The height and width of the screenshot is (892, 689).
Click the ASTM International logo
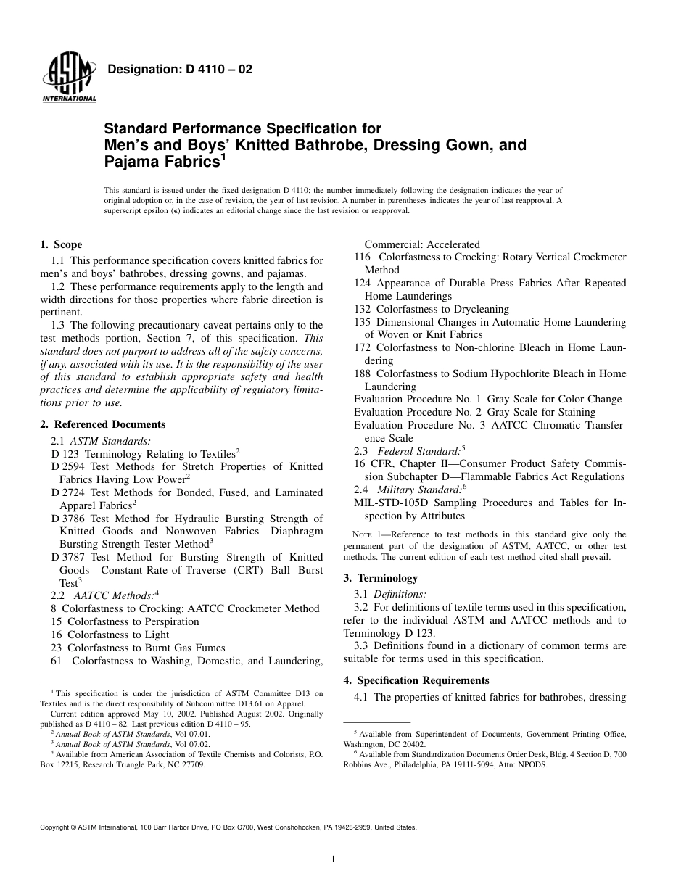point(69,78)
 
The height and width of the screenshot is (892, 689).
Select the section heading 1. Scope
point(61,244)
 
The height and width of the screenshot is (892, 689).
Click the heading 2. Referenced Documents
point(102,424)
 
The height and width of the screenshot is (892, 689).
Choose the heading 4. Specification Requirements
point(416,680)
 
